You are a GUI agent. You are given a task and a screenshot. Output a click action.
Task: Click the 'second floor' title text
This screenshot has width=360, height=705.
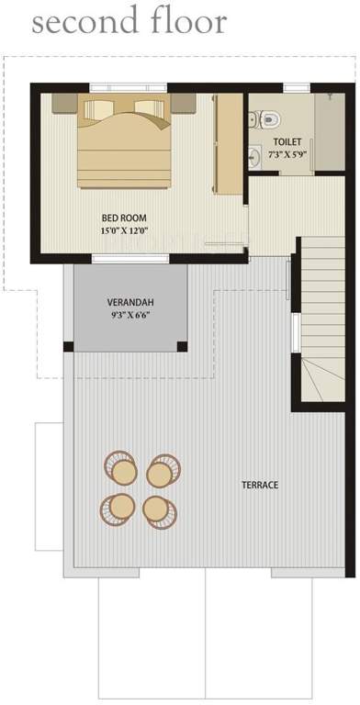point(128,23)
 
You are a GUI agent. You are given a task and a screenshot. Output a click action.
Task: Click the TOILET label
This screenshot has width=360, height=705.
point(286,141)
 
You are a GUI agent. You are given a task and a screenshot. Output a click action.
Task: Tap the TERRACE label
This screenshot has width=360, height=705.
point(260,485)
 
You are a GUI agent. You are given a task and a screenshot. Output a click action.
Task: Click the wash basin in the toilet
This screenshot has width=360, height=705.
point(254,157)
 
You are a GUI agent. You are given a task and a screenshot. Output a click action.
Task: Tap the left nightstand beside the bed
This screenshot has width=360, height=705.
point(64,103)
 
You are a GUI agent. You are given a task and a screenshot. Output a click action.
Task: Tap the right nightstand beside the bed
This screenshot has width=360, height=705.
point(182,103)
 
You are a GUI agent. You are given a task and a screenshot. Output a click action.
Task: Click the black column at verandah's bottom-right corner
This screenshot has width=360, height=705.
point(182,347)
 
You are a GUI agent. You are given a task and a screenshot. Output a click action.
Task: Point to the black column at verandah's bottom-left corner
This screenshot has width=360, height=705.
point(68,347)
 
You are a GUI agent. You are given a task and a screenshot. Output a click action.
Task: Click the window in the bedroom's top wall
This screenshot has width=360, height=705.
point(128,88)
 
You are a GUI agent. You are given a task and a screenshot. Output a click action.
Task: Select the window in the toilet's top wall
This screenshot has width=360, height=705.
point(296,88)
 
